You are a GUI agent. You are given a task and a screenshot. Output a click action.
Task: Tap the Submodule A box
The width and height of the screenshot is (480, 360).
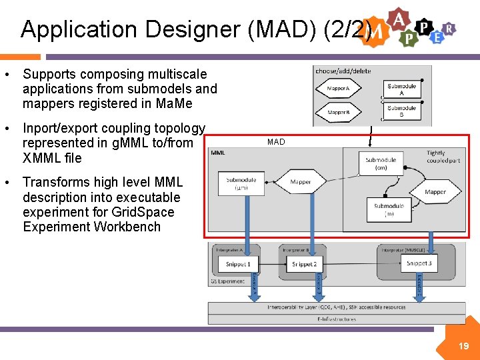click(x=401, y=89)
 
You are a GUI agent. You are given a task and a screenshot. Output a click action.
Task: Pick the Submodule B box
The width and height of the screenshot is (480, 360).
click(x=401, y=111)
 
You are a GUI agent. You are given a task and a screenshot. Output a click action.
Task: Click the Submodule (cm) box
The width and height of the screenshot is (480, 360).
click(x=381, y=163)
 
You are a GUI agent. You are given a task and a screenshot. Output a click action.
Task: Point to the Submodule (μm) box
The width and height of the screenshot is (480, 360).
click(x=241, y=183)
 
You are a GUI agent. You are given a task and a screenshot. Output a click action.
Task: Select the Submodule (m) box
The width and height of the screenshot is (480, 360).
click(x=389, y=209)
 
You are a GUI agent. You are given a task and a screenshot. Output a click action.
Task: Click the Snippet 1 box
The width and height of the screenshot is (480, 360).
click(x=237, y=264)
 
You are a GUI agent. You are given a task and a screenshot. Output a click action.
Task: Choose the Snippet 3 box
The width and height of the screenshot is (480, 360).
click(x=419, y=263)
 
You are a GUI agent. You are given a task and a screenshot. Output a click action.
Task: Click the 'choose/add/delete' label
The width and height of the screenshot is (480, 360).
click(x=343, y=71)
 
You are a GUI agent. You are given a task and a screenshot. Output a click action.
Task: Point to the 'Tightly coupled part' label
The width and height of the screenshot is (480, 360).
click(x=443, y=157)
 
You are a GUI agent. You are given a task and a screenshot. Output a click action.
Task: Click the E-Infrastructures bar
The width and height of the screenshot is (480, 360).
click(x=336, y=319)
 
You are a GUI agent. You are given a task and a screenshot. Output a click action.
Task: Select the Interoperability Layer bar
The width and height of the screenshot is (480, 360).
click(x=336, y=307)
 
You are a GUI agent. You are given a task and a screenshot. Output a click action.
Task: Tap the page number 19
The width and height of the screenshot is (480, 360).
click(x=463, y=346)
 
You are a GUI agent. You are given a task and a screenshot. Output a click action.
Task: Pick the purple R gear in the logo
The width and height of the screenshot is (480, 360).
click(x=450, y=28)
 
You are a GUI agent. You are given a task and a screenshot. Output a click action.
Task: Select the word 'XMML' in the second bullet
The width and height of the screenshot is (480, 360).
click(x=42, y=158)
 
